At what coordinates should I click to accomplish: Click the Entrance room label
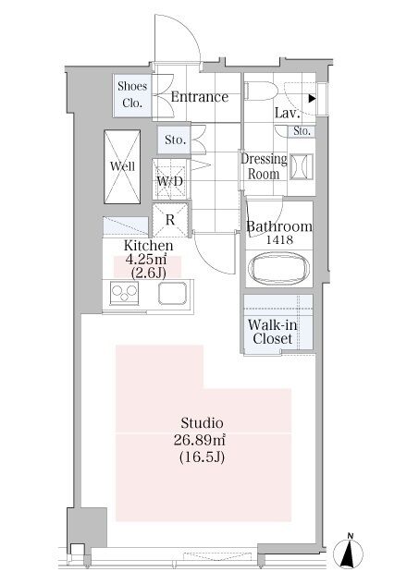tap(200, 97)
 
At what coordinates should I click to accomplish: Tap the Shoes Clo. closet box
tap(132, 96)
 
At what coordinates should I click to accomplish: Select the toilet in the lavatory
tap(261, 91)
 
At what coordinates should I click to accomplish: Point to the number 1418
tap(278, 240)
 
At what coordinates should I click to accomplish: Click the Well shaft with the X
tap(122, 166)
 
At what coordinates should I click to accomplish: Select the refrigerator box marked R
tap(170, 220)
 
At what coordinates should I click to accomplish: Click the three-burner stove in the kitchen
tap(125, 293)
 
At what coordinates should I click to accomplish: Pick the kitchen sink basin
tap(173, 293)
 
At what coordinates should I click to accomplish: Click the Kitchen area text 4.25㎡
tap(144, 260)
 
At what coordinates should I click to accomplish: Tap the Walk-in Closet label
tap(273, 332)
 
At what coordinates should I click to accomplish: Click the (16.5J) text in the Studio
tap(202, 457)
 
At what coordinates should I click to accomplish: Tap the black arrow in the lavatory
tap(313, 99)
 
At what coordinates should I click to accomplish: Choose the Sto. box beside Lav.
tap(302, 131)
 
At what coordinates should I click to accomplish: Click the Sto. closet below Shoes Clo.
tap(174, 140)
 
